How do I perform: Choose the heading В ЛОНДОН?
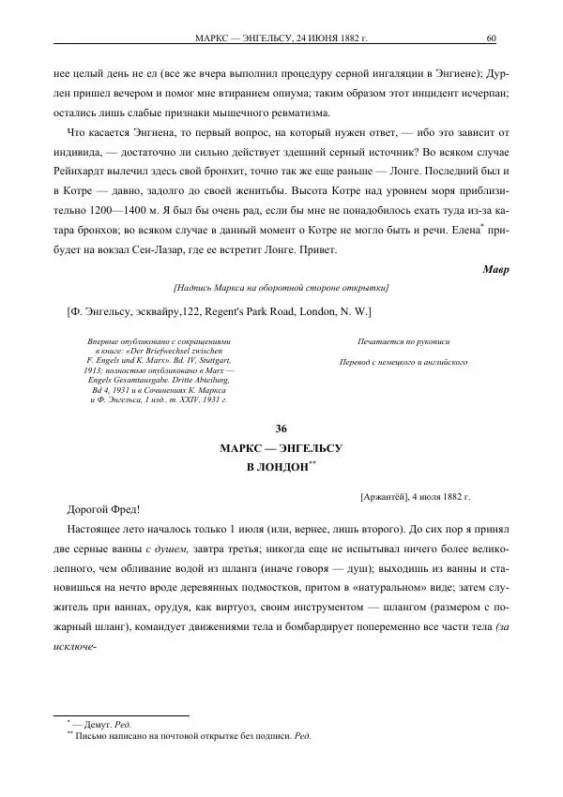tap(277, 467)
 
